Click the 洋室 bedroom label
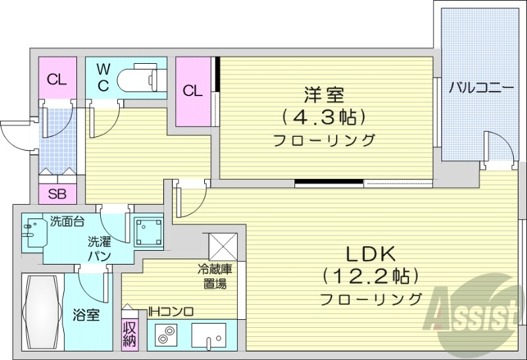click(323, 95)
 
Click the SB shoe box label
click(57, 195)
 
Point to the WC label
click(103, 77)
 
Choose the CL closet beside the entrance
click(57, 80)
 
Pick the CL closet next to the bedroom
click(192, 91)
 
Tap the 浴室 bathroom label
click(86, 315)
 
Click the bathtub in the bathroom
click(42, 313)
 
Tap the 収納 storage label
click(128, 334)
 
